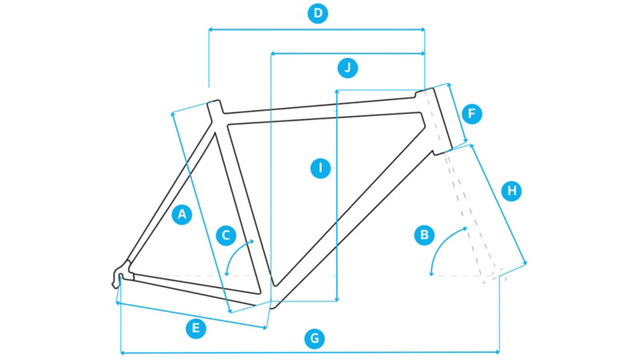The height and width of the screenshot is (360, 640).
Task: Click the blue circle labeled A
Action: [x=182, y=214]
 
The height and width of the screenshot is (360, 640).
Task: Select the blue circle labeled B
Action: [x=424, y=234]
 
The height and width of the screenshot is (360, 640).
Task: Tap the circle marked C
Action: [x=226, y=235]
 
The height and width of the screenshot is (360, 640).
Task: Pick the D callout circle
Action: [x=318, y=14]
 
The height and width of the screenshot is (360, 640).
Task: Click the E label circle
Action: [x=196, y=329]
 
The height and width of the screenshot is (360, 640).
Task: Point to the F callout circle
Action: [x=472, y=114]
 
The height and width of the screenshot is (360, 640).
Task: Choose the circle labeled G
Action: [x=314, y=338]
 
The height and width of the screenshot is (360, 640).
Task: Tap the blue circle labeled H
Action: [x=511, y=190]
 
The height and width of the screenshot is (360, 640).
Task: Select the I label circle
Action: [x=321, y=168]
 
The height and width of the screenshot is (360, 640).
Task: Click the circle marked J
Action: [x=348, y=68]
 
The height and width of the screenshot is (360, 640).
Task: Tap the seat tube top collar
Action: [x=215, y=108]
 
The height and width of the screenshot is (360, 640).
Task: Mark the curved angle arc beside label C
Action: [x=235, y=254]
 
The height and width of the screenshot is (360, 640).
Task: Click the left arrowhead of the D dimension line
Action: [x=210, y=30]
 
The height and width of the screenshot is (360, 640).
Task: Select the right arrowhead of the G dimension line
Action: [x=497, y=351]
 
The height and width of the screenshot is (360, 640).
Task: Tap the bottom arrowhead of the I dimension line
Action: [x=337, y=299]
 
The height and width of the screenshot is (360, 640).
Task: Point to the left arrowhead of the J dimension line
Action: [x=273, y=54]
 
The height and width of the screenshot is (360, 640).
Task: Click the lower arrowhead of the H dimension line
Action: [x=525, y=262]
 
